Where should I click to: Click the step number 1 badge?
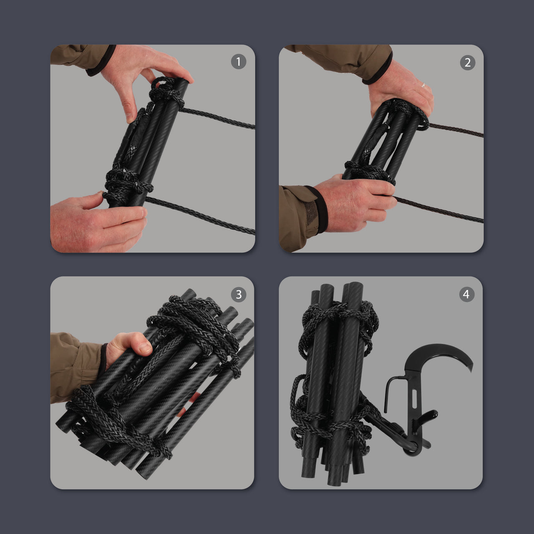238,62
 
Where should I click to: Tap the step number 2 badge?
467,63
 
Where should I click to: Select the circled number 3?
238,295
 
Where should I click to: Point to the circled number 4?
466,295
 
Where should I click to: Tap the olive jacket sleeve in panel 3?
71,363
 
